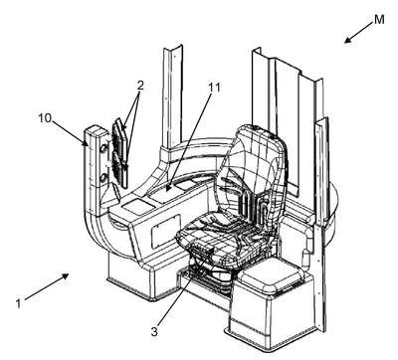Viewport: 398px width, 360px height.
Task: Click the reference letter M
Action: pyautogui.click(x=379, y=19)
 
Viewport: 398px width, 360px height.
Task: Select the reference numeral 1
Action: pyautogui.click(x=19, y=303)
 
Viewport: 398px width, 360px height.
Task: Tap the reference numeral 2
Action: pyautogui.click(x=140, y=86)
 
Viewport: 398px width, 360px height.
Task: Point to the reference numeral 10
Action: pyautogui.click(x=45, y=117)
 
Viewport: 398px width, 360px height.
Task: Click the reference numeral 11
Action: pyautogui.click(x=214, y=88)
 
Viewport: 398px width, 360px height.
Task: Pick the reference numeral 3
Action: pyautogui.click(x=154, y=331)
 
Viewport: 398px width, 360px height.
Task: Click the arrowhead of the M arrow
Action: pyautogui.click(x=347, y=40)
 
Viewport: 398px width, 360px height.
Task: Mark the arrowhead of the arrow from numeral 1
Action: pyautogui.click(x=66, y=275)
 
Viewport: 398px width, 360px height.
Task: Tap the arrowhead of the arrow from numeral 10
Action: pyautogui.click(x=86, y=142)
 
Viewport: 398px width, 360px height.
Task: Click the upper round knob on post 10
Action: pyautogui.click(x=103, y=148)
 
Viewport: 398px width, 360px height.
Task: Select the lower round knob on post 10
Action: pyautogui.click(x=103, y=178)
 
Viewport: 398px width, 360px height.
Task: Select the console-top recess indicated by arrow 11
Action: pyautogui.click(x=165, y=194)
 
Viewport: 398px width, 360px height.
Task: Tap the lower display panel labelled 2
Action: pyautogui.click(x=120, y=170)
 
